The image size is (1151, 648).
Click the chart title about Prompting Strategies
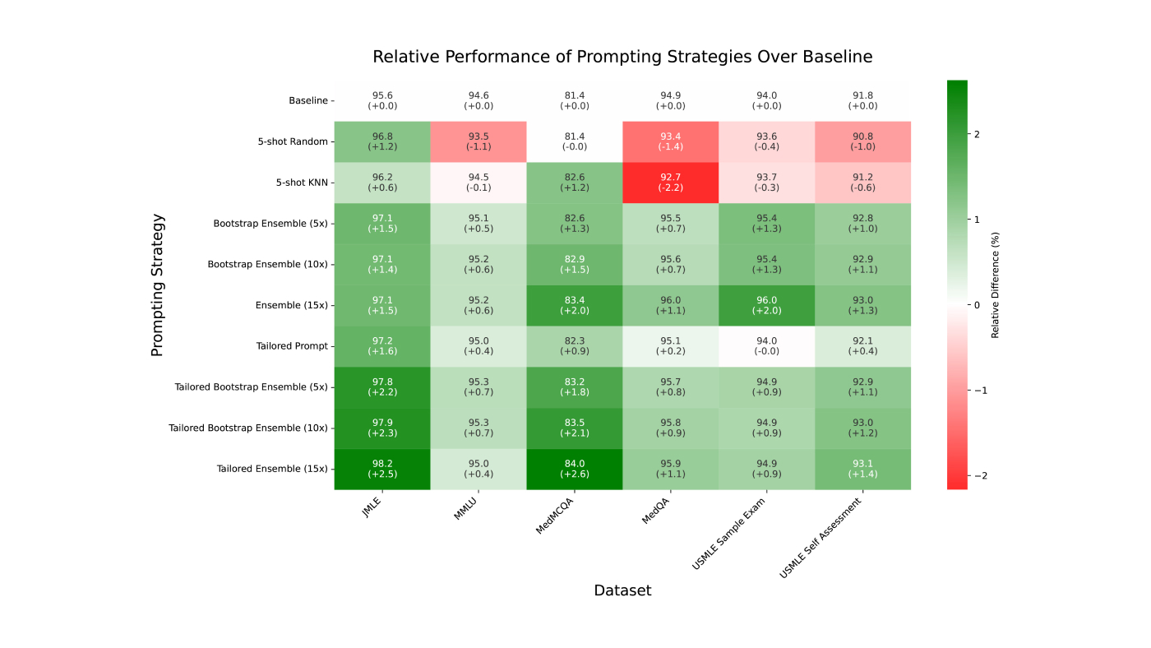622,57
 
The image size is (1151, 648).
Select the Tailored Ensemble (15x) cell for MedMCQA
574,469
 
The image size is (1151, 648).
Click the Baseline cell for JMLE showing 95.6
381,100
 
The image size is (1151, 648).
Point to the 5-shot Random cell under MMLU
478,141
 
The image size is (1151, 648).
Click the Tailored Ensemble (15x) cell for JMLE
381,469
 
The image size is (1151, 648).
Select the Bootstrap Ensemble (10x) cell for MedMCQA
574,264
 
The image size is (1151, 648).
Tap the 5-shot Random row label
292,141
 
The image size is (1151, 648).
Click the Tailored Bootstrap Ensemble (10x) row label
247,428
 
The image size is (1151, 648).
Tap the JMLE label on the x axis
372,507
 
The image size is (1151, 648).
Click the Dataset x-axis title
622,590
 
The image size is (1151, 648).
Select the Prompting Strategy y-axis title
158,285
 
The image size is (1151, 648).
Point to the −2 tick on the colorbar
979,476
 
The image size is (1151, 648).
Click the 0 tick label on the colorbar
978,305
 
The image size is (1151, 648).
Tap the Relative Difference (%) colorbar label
995,285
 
